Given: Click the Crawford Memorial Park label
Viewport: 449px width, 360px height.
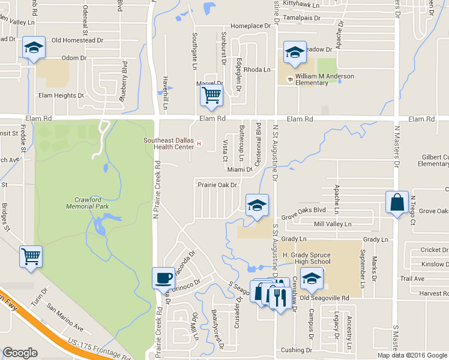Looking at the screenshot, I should click(91, 203).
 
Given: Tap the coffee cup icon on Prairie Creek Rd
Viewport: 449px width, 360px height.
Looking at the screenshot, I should click(164, 278).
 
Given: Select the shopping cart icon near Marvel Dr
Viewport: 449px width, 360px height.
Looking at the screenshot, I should click(211, 95).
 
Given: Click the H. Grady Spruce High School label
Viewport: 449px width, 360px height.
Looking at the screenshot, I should click(306, 258).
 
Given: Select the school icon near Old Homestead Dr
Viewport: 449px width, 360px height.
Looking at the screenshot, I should click(34, 47).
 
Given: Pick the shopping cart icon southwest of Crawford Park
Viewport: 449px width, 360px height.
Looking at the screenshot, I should click(31, 257).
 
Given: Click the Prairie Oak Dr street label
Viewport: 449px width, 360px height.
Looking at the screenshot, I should click(217, 185).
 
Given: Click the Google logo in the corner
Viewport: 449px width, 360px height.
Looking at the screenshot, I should click(20, 353).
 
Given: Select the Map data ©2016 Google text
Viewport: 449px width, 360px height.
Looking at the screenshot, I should click(412, 355).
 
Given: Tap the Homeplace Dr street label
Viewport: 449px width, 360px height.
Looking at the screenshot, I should click(251, 26).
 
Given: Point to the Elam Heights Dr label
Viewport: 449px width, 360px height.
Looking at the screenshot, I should click(61, 95).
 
